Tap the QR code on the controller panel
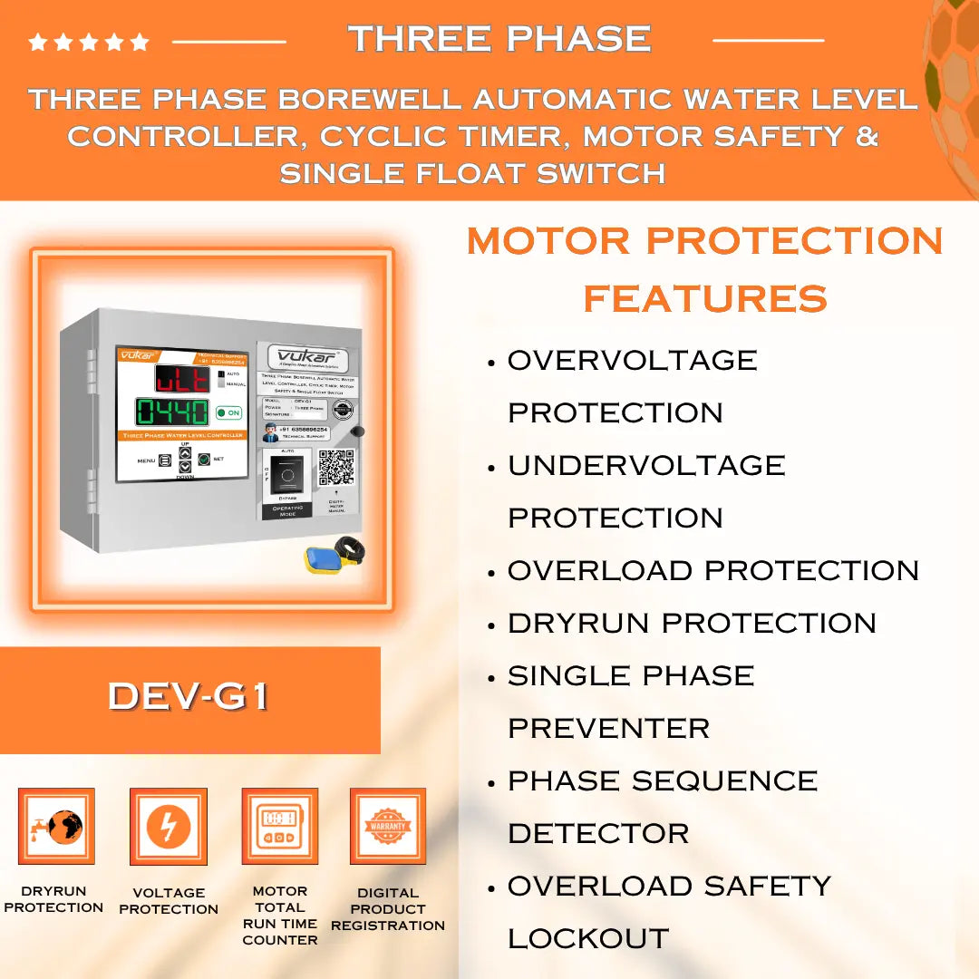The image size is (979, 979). tap(335, 467)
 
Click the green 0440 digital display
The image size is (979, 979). tap(172, 413)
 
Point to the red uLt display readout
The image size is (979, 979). tap(181, 378)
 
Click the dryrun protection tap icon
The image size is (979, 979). tap(56, 826)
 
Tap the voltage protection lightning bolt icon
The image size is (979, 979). tap(169, 826)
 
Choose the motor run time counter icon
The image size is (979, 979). tap(279, 826)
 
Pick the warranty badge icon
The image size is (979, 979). tap(388, 826)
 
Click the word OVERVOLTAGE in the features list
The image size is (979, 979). tap(632, 360)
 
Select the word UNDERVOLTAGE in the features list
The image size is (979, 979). tap(646, 465)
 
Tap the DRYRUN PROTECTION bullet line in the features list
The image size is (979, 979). tap(692, 623)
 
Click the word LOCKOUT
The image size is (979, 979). tap(587, 938)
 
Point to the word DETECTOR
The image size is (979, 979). tap(598, 833)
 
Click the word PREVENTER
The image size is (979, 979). tap(608, 728)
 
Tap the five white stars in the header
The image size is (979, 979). tap(89, 42)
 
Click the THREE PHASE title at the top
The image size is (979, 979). tap(499, 39)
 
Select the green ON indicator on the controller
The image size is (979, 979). tap(228, 412)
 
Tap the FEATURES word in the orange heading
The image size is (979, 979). tap(704, 298)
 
